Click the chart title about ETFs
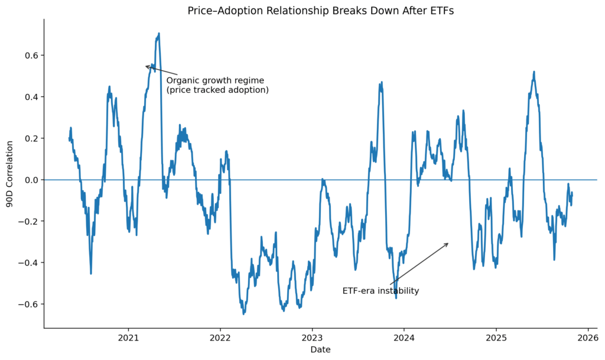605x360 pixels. click(x=321, y=11)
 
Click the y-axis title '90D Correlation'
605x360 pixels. click(x=9, y=173)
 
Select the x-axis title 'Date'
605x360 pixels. click(x=320, y=349)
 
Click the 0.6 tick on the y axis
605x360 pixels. click(x=31, y=56)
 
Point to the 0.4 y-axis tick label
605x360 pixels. click(x=31, y=97)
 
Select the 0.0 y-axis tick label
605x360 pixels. click(x=31, y=180)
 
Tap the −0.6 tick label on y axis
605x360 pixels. click(x=28, y=304)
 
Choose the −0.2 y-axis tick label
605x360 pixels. click(x=28, y=221)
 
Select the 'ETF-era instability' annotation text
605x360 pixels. click(x=380, y=291)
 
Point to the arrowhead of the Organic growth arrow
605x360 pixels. click(x=146, y=66)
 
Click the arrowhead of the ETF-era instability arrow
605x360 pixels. click(x=448, y=243)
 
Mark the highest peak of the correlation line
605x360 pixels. click(x=159, y=34)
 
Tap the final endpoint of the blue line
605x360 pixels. click(x=572, y=194)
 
